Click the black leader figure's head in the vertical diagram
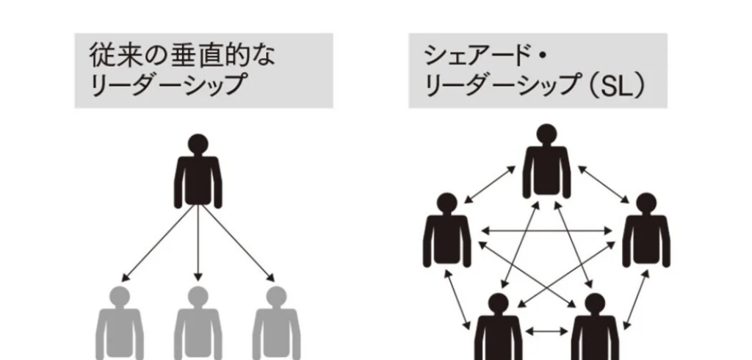pyautogui.click(x=198, y=144)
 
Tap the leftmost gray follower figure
pyautogui.click(x=120, y=324)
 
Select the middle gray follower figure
pyautogui.click(x=198, y=324)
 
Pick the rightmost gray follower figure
pyautogui.click(x=276, y=324)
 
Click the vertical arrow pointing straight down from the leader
pyautogui.click(x=198, y=243)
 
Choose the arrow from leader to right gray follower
pyautogui.click(x=238, y=243)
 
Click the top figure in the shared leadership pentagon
pyautogui.click(x=546, y=162)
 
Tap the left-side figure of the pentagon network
pyautogui.click(x=447, y=231)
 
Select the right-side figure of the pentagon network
pyautogui.click(x=646, y=231)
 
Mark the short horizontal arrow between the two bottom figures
pyautogui.click(x=546, y=331)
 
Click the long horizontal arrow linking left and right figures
pyautogui.click(x=546, y=231)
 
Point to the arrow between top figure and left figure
pyautogui.click(x=490, y=184)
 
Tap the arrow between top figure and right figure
pyautogui.click(x=604, y=184)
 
